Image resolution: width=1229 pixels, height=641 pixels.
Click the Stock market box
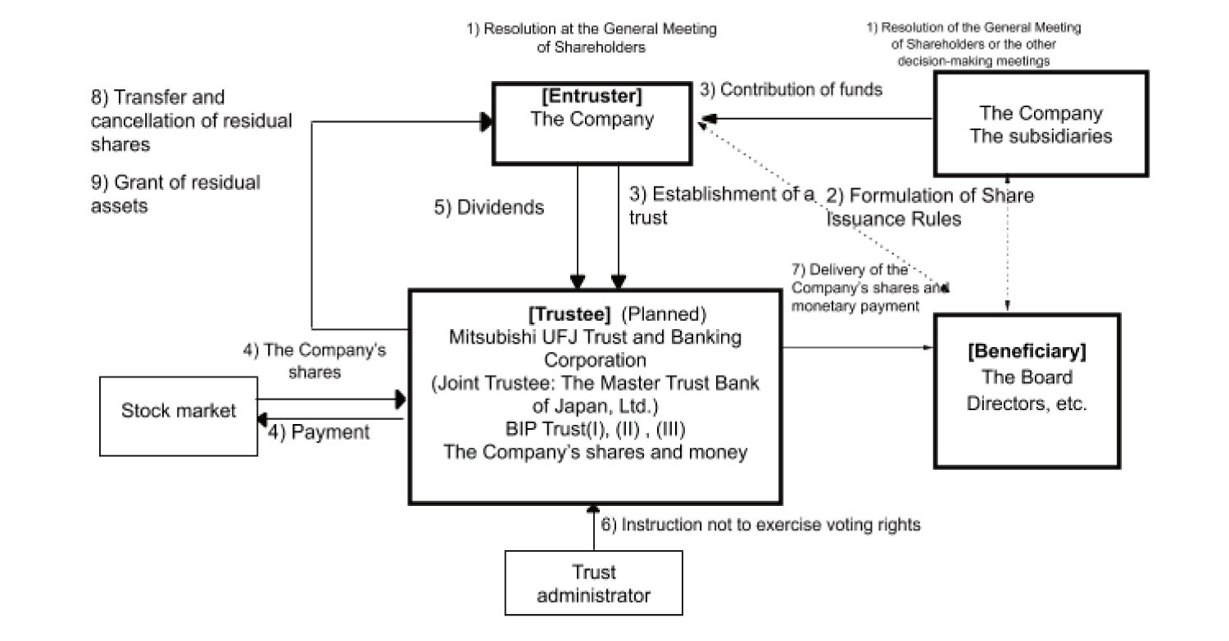179,415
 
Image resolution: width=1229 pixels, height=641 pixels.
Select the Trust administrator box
593,583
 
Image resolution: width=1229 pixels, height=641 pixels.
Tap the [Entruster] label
592,96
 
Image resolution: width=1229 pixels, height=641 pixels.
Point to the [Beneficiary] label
1027,352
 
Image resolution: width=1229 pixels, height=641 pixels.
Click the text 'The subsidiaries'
1041,136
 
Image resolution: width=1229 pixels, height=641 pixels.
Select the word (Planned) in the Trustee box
664,314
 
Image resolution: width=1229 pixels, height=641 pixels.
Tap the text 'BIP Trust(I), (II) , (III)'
595,429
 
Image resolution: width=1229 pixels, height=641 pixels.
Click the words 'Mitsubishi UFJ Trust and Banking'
595,337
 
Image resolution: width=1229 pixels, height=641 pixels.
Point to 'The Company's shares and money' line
595,452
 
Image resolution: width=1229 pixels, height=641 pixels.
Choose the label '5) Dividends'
489,208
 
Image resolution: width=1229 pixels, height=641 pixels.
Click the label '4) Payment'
320,432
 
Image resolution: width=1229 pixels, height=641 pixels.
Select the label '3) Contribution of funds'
791,90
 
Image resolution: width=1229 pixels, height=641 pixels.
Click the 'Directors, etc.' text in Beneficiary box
1027,404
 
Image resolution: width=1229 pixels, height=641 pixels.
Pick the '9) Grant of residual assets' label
175,194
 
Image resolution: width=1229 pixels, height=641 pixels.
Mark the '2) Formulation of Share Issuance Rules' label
929,208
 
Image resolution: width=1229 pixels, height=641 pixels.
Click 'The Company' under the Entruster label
592,120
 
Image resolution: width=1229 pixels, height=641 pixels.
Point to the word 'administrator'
593,595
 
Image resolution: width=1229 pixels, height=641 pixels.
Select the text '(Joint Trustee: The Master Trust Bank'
595,383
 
